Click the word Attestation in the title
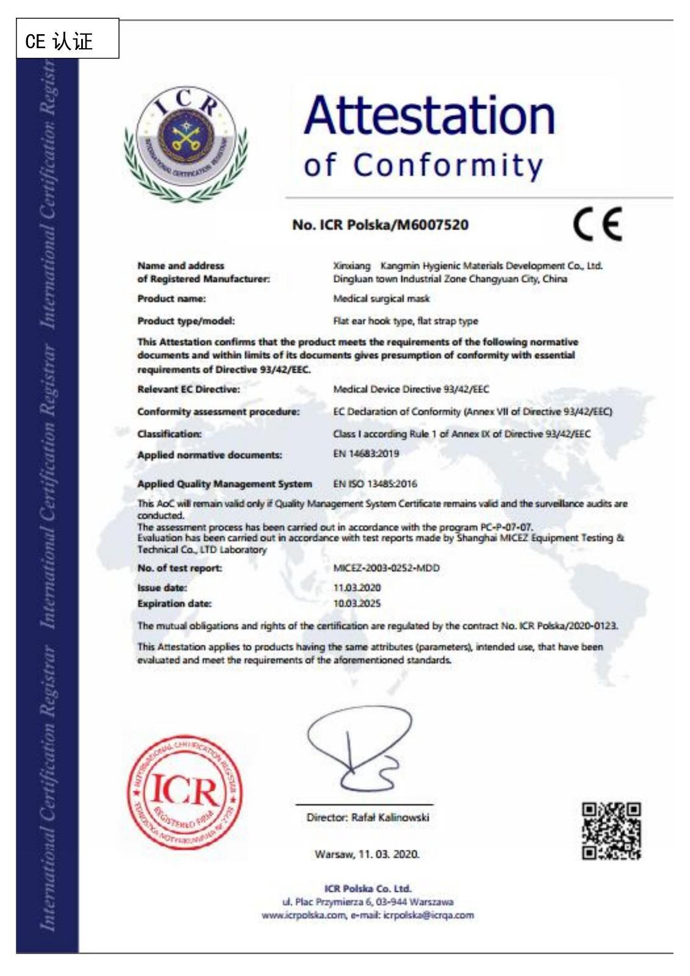(x=429, y=115)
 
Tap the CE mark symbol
(x=597, y=224)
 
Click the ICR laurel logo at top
(x=185, y=143)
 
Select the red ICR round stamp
(x=184, y=792)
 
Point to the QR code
(x=611, y=831)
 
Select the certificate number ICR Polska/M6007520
(x=380, y=225)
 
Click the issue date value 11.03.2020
(x=357, y=587)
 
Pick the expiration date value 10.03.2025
(x=357, y=603)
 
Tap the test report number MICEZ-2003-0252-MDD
(x=386, y=568)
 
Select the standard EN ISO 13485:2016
(x=375, y=484)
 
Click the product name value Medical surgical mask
(x=381, y=299)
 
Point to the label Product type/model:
(x=186, y=321)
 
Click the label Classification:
(x=170, y=434)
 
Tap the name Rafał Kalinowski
(x=390, y=817)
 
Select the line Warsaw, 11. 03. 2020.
(x=367, y=854)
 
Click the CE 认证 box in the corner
(x=67, y=39)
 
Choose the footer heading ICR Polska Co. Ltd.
(x=367, y=889)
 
